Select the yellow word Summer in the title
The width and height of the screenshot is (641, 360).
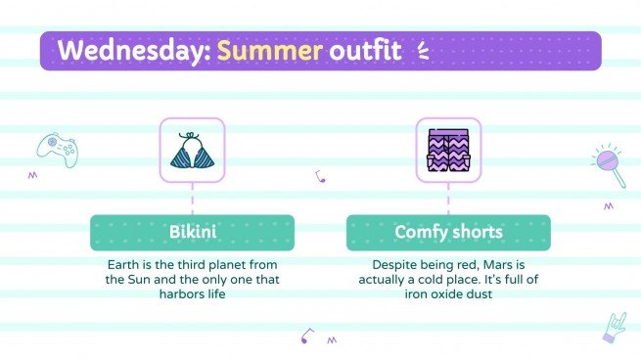pos(270,50)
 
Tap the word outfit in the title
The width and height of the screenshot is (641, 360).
pos(364,50)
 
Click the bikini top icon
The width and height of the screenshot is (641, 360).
pos(192,151)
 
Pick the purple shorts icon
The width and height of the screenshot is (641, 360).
pos(448,151)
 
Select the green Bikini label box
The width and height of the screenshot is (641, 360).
pos(192,233)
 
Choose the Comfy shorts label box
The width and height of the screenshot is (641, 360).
pos(448,233)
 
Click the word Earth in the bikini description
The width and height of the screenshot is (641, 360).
pos(123,264)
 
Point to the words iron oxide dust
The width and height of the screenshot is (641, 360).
pos(448,293)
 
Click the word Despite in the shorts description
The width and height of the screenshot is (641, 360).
pos(393,264)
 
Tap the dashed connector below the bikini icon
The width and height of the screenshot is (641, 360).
pos(192,199)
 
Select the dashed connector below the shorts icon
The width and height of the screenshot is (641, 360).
pos(448,199)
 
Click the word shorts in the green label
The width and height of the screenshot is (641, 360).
pos(476,233)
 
